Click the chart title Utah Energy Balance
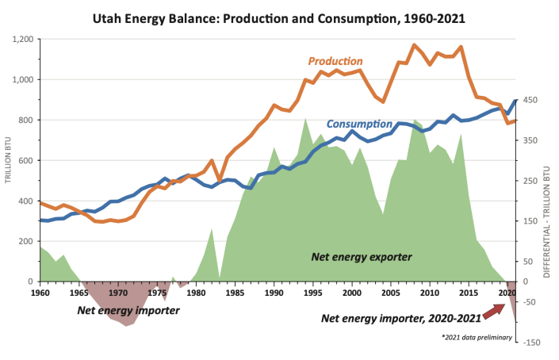tap(280, 15)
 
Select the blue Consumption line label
tap(359, 124)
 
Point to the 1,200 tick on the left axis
tap(22, 39)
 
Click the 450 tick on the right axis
tap(530, 100)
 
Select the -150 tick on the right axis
tap(530, 343)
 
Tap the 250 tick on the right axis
tap(530, 181)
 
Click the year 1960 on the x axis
tap(40, 293)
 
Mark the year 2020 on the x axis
tap(505, 293)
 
